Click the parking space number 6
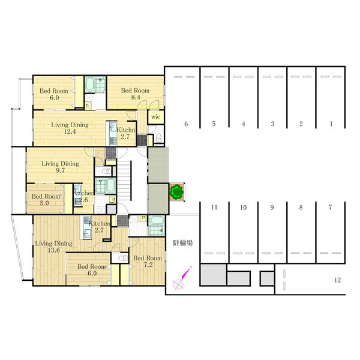[186, 124]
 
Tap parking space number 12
[337, 280]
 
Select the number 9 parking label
[272, 208]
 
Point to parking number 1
[331, 124]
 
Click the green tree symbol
[176, 192]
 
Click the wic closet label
[155, 116]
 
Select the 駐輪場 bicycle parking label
[183, 243]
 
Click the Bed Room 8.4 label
[135, 94]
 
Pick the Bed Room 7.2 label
[148, 262]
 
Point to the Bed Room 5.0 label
[46, 200]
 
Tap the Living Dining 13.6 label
[54, 247]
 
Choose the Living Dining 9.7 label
[60, 167]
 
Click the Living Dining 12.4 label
[70, 128]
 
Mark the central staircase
[124, 181]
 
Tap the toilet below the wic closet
[159, 139]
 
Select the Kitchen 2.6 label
[83, 196]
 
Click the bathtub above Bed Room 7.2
[157, 221]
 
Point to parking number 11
[214, 208]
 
